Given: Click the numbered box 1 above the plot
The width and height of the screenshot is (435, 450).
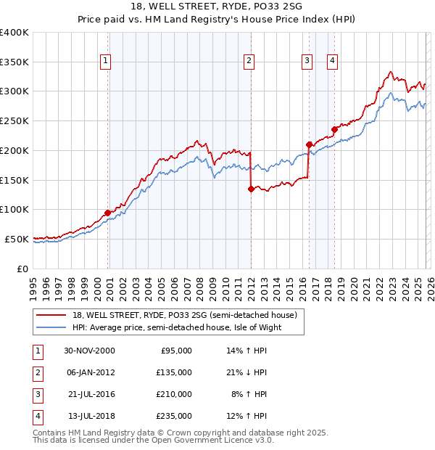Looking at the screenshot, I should point(106,62).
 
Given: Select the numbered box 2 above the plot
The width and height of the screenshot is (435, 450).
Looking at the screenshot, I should point(249,62).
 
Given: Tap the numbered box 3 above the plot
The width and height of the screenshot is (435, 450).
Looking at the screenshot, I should point(307,62).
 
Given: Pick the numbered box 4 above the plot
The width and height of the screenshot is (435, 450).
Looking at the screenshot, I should point(332,62).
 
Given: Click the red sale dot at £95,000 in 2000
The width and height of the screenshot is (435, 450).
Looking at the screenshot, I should point(108,213).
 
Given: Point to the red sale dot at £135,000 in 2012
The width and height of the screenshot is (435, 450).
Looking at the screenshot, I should point(251,189).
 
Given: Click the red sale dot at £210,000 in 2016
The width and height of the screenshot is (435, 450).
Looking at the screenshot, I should point(309,144).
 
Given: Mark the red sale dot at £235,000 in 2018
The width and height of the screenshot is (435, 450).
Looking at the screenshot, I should point(334,130).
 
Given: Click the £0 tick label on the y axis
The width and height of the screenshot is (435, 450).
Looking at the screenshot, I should point(22,269).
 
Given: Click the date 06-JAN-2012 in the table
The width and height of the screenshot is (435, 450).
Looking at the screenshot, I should point(91,372).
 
